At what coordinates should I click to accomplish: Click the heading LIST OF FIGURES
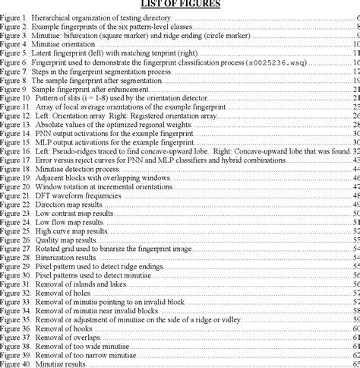[x=180, y=4]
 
